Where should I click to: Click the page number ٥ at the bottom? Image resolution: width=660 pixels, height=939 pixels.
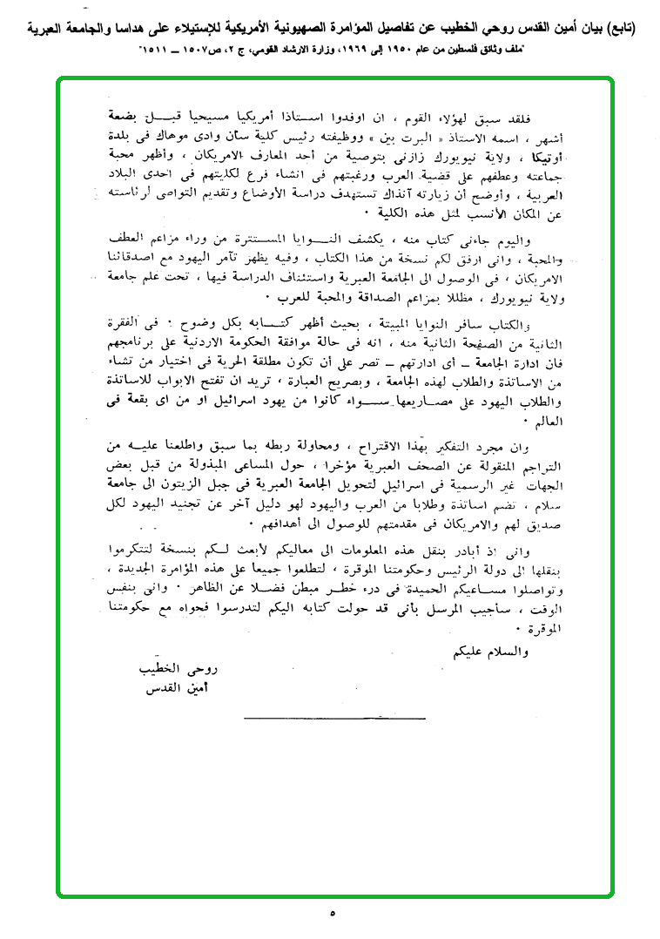pos(332,914)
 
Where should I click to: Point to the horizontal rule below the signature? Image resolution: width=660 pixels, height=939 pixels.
pos(334,718)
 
